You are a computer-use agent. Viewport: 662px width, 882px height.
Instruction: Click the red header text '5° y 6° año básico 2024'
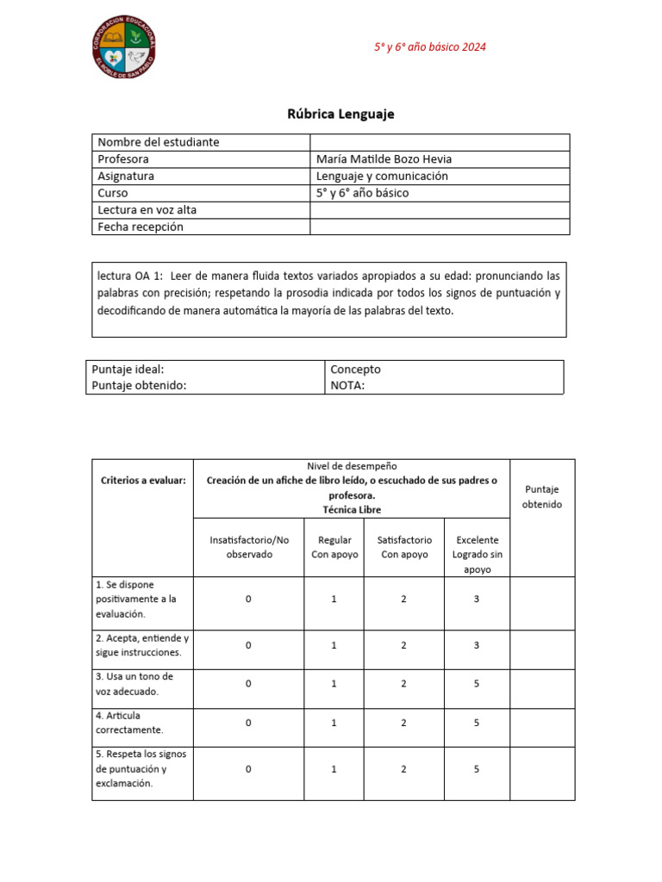point(429,47)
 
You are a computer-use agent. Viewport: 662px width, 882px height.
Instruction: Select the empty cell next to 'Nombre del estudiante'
point(439,142)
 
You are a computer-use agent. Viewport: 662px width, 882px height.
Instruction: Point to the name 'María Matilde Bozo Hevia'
point(384,159)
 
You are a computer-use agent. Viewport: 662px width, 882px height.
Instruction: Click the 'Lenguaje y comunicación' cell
point(382,176)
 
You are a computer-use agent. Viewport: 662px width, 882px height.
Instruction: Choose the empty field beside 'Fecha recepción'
point(439,227)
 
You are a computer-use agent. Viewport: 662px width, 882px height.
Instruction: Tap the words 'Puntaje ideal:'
point(128,369)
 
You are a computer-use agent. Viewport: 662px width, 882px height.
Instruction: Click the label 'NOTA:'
point(347,385)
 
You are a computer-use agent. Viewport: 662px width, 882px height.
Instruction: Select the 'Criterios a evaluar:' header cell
point(143,481)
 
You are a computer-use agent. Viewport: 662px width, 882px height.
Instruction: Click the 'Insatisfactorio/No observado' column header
point(248,547)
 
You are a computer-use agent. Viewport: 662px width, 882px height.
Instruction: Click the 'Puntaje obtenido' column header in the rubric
point(541,496)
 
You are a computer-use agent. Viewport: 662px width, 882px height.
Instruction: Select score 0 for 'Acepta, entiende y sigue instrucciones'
point(248,645)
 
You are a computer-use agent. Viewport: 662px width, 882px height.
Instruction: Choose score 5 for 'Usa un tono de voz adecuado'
point(477,684)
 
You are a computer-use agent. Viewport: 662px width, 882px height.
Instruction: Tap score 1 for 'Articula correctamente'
point(334,723)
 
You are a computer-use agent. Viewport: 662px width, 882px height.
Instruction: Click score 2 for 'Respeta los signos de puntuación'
point(403,769)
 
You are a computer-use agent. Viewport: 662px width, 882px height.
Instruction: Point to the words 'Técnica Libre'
point(352,510)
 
